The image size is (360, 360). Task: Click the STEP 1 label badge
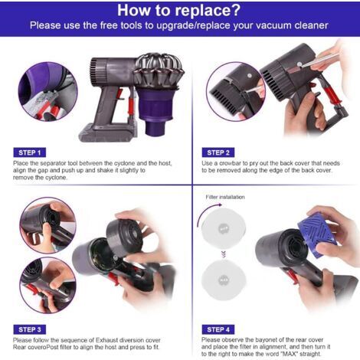pos(30,152)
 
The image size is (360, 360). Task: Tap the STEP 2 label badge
pos(218,152)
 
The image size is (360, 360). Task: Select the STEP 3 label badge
pos(30,329)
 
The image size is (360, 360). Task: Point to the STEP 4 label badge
pos(218,329)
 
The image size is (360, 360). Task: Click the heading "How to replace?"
pos(178,10)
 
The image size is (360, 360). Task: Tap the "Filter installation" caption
pos(225,197)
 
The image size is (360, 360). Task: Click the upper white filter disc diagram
pos(224,227)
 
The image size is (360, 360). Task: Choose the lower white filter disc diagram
pos(224,280)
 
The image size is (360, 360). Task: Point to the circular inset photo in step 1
pos(47,91)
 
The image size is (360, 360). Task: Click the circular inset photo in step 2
pos(236,91)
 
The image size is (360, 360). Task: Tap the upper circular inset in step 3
pos(47,225)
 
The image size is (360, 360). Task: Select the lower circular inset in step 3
pos(47,285)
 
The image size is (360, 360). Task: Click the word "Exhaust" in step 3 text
pos(106,340)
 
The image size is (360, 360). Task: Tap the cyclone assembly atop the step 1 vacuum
pos(159,70)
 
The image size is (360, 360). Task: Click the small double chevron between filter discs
pos(224,254)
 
